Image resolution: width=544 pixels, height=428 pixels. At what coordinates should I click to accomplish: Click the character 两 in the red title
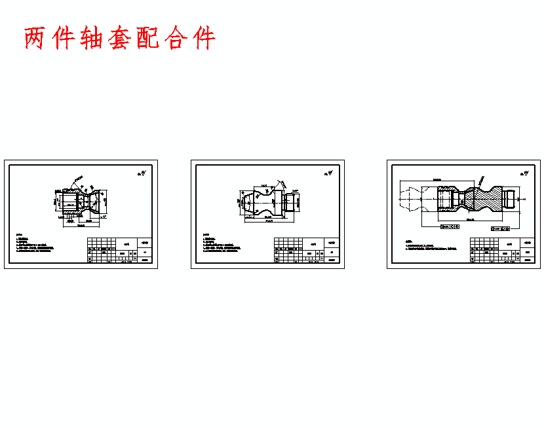pyautogui.click(x=35, y=39)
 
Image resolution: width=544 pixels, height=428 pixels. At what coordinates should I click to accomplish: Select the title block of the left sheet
pyautogui.click(x=120, y=251)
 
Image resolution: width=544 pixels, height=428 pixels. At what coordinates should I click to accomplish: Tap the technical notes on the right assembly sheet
pyautogui.click(x=429, y=246)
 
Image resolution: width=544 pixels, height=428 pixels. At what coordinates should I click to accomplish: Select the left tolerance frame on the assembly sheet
pyautogui.click(x=450, y=226)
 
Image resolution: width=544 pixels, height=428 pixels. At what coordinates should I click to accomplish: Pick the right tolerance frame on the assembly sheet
pyautogui.click(x=501, y=229)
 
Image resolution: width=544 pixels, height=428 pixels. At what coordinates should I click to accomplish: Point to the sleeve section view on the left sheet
pyautogui.click(x=83, y=199)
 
